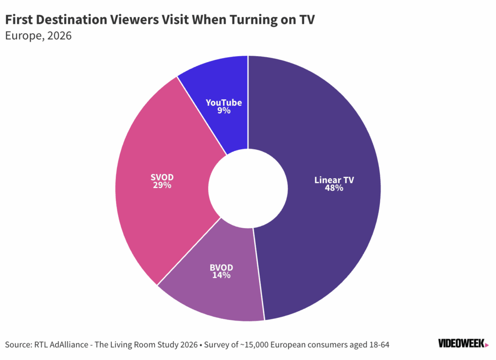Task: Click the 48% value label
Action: pos(334,188)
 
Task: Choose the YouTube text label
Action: pos(224,103)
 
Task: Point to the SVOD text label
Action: pos(161,177)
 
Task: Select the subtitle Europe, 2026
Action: pos(38,36)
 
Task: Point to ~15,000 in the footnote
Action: pos(257,345)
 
